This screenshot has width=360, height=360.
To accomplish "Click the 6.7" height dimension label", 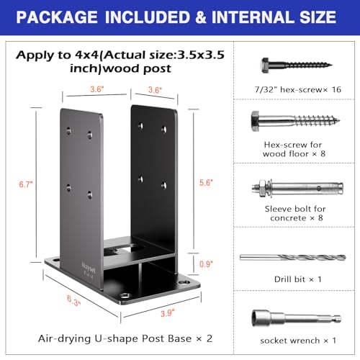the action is coord(26,184).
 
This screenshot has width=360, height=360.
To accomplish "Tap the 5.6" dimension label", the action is coord(206,183).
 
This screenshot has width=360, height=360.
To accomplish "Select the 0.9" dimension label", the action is coord(206,264).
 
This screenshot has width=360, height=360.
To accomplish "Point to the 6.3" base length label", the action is coord(73,300).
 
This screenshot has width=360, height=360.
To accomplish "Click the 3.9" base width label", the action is coord(168,313).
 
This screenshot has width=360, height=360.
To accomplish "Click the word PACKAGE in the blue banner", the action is coord(57,17).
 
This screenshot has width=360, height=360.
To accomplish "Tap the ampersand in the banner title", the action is coord(201,17).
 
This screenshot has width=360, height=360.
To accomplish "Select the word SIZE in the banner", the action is coord(318,17).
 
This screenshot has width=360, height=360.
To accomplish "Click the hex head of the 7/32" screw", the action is coord(265,65).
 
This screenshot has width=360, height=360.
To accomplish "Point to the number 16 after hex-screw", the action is coord(336,89).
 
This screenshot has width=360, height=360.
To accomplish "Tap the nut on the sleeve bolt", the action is coord(262,188).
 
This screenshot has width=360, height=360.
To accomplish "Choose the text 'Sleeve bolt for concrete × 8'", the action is coord(295,213).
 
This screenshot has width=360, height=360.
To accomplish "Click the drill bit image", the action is coord(293,258).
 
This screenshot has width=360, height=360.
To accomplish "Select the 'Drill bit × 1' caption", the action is coord(297,279).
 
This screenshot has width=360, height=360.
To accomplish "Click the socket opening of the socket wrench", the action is coord(256,318).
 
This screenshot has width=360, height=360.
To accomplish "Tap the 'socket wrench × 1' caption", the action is coord(298,341).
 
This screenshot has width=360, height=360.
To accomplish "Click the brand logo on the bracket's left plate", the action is coord(89,269).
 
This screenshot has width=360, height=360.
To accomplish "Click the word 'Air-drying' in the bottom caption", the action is coord(64,338).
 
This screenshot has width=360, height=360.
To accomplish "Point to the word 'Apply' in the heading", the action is coord(35,55).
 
